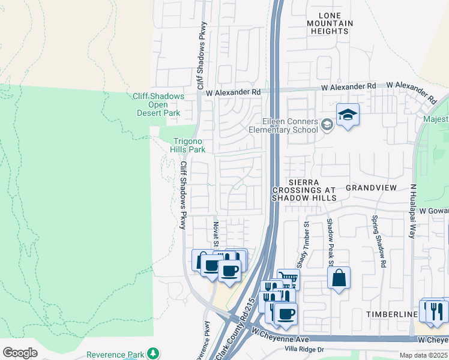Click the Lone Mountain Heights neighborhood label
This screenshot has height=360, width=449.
(x=330, y=23)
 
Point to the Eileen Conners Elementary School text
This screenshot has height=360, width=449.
(x=290, y=125)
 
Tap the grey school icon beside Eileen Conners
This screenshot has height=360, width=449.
(x=327, y=125)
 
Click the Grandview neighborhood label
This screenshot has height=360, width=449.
(x=371, y=188)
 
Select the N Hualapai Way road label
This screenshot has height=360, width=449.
(x=412, y=211)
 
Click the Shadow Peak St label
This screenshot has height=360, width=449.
(x=330, y=242)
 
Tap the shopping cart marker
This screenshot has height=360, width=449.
(x=288, y=280)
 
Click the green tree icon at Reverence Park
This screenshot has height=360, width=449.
(x=154, y=353)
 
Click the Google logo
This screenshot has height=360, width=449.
(x=20, y=353)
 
